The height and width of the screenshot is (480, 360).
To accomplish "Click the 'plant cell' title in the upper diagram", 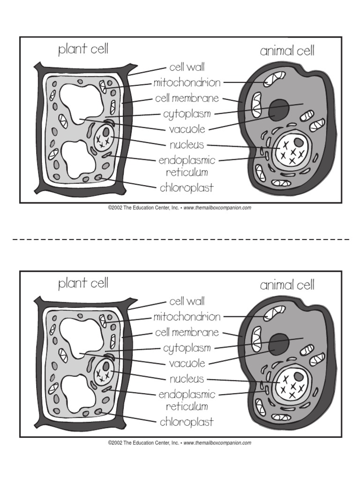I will coord(83,50).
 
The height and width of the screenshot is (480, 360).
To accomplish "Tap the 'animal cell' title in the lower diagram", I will coord(287,285).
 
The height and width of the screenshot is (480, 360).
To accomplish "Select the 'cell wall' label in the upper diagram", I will coord(187,67).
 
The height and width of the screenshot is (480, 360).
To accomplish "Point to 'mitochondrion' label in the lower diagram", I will coord(187,317).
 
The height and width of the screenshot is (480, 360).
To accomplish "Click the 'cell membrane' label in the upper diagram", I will coord(187,99).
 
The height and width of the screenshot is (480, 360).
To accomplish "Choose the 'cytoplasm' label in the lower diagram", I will coord(187,348).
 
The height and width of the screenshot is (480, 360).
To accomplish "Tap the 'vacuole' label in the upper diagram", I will coord(187,129).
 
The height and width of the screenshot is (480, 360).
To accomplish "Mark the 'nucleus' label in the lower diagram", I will coord(187,379).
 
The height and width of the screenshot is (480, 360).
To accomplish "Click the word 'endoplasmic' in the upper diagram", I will coord(187,160).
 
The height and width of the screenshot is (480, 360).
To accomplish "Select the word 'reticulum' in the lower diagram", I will coord(187,406).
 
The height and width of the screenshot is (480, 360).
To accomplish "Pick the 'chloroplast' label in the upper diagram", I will coord(187,188).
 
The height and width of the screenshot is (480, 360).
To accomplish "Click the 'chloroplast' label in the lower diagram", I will coord(187,422).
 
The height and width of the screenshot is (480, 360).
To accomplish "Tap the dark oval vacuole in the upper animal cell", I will coord(278,109).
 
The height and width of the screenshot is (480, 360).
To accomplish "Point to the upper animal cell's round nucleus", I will coord(291,149).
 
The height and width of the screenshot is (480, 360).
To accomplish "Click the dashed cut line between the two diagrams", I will coord(180,239).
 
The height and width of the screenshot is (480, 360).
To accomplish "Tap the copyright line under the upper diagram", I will coord(180,208).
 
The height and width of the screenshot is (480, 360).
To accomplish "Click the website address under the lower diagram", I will coord(217,442).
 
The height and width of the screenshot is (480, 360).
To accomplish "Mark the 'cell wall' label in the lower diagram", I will coord(187,301).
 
